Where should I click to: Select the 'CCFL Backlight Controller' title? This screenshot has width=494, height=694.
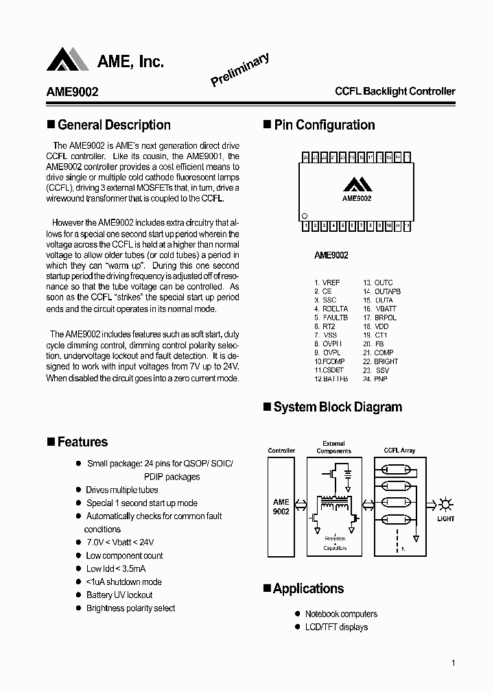[x=395, y=91]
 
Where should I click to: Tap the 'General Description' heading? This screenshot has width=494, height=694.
[x=114, y=125]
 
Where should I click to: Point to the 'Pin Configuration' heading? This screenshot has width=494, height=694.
[x=324, y=125]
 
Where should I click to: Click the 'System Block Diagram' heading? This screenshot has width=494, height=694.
[x=337, y=407]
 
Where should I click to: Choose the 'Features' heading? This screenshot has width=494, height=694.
[x=82, y=442]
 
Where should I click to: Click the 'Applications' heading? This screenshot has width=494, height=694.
[x=308, y=588]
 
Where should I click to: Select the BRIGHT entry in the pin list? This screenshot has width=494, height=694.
[x=386, y=361]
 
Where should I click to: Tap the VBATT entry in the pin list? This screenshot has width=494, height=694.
[x=385, y=309]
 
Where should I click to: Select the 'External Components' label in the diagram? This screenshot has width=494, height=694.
[x=333, y=447]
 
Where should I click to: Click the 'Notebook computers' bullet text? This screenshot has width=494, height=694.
[x=341, y=614]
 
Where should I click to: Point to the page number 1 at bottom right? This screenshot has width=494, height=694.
[x=454, y=663]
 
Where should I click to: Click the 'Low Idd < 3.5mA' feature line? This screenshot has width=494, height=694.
[x=115, y=569]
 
